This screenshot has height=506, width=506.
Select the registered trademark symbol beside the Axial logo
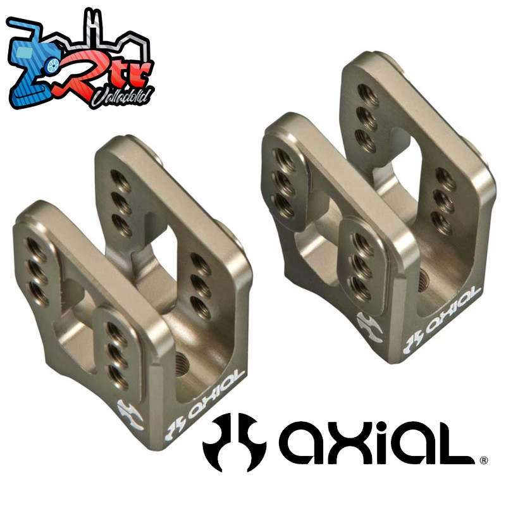pos(484,460)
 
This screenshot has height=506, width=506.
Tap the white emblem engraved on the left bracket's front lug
pos(130,415)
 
